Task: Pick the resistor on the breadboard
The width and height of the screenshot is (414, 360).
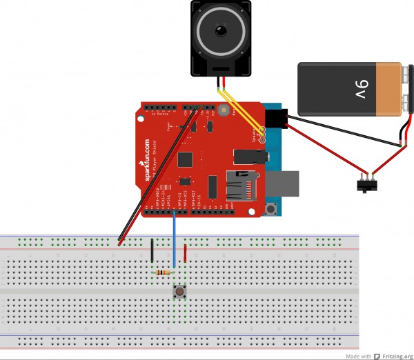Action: tap(163, 272)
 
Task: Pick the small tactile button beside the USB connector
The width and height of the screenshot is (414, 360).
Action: tap(273, 209)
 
